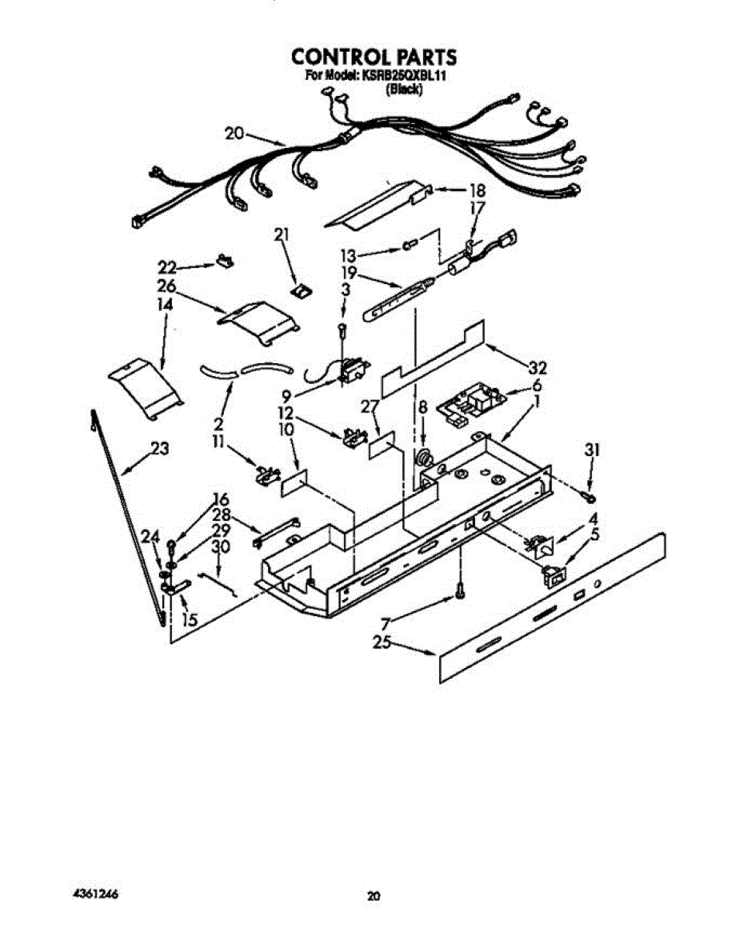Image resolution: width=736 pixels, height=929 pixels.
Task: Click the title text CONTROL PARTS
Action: point(373,57)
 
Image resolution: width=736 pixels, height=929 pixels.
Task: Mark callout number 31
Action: point(593,449)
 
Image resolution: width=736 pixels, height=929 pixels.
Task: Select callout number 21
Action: point(281,234)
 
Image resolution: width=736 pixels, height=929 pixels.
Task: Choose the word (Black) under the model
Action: point(404,89)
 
